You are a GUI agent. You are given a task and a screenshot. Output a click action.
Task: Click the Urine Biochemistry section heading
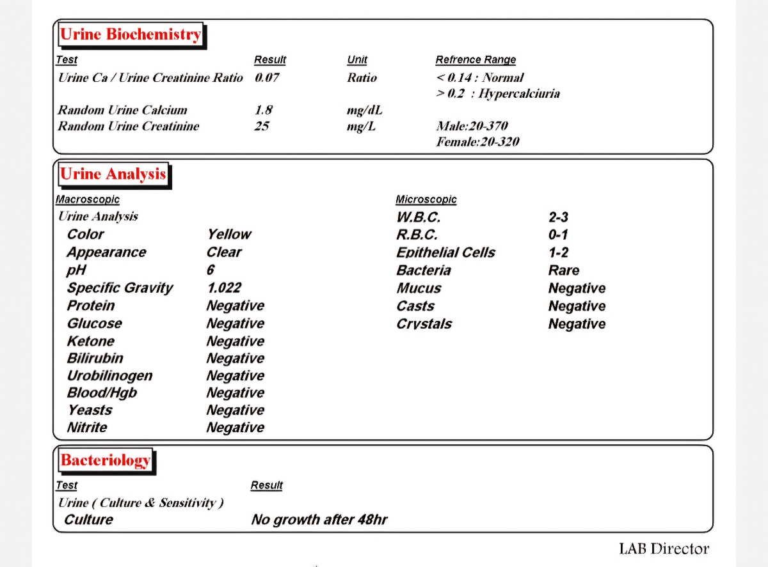(x=130, y=35)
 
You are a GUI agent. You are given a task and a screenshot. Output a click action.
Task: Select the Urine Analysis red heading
(x=113, y=174)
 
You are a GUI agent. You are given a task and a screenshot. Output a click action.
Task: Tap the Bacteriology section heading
(x=106, y=460)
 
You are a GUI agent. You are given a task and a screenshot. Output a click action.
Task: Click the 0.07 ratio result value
(x=267, y=78)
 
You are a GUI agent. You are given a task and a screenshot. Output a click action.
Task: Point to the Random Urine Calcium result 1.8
(x=264, y=110)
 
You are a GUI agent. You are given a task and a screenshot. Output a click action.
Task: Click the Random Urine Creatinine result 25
(x=262, y=126)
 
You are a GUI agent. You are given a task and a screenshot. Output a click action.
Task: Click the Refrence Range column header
(x=476, y=59)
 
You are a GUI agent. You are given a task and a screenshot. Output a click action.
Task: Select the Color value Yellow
(x=228, y=234)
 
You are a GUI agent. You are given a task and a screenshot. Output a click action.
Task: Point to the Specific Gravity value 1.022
(x=224, y=288)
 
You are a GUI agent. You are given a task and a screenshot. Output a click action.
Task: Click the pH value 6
(x=211, y=270)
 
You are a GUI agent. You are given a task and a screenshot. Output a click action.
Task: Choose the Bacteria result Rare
(x=563, y=270)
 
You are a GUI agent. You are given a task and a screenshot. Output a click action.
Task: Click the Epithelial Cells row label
(x=445, y=252)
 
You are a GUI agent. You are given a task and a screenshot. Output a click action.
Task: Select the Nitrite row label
(x=87, y=428)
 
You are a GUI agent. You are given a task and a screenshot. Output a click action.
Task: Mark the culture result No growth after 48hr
(x=319, y=520)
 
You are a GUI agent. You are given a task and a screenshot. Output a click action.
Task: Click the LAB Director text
(x=664, y=548)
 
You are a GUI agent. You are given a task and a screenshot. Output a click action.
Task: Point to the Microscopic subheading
(x=426, y=199)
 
